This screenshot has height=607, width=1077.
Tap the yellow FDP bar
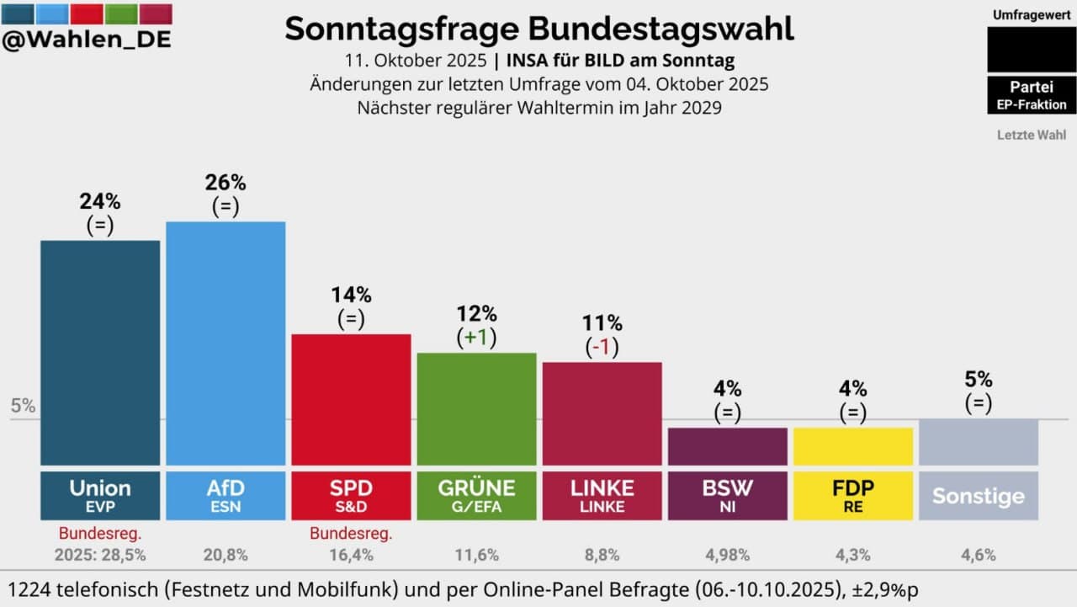point(852,446)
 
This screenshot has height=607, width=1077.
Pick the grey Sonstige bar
point(978,442)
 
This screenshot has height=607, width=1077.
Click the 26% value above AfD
point(225,183)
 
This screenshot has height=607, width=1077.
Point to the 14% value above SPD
point(351,296)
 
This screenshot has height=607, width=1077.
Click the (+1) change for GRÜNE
point(476,338)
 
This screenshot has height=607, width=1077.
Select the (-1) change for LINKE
point(602,347)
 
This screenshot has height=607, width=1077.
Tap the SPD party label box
point(351,495)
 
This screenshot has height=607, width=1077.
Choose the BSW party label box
point(727,495)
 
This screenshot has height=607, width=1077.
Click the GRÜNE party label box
point(476,495)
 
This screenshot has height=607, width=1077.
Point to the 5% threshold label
point(23,406)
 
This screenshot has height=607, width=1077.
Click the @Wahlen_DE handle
point(87,40)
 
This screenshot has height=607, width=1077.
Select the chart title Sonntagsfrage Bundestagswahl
point(538,28)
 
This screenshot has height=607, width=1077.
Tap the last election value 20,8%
point(225,555)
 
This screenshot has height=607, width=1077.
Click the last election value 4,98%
point(727,555)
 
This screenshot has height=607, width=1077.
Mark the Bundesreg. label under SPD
point(351,533)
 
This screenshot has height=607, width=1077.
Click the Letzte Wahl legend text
point(1031,135)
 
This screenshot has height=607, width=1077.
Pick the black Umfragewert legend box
point(1031,49)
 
